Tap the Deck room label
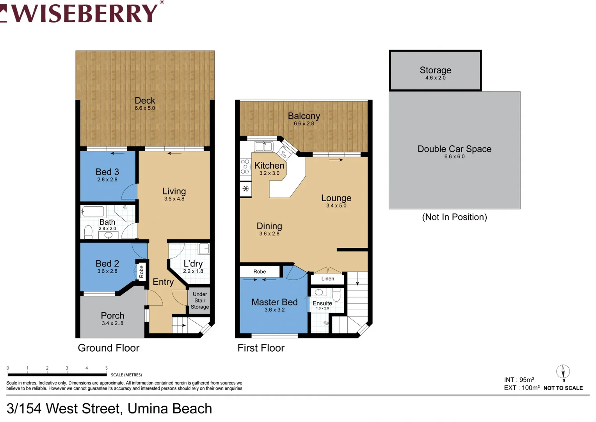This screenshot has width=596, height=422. (x=145, y=100)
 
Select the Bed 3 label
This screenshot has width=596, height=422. (x=107, y=172)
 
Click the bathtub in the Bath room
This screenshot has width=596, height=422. (x=93, y=212)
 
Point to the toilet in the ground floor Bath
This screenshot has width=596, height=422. (x=88, y=232)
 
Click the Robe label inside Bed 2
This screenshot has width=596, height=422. (x=141, y=271)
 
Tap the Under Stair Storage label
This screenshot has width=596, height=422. (x=199, y=300)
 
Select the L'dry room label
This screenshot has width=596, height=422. (x=193, y=264)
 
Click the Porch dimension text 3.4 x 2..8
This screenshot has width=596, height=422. (x=112, y=323)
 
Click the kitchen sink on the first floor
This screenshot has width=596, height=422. (x=263, y=147)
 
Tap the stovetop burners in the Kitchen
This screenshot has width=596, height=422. (x=245, y=166)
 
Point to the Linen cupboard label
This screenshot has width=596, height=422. (x=327, y=279)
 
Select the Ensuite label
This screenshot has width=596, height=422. (x=322, y=303)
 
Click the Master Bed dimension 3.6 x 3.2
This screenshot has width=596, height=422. (x=274, y=310)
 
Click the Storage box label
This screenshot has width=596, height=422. (x=435, y=70)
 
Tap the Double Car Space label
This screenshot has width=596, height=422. (x=454, y=149)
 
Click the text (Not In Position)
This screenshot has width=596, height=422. (x=454, y=217)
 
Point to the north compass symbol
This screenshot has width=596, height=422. (x=563, y=372)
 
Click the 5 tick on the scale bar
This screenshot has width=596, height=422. (x=106, y=368)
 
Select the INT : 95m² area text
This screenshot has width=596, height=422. (x=519, y=380)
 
